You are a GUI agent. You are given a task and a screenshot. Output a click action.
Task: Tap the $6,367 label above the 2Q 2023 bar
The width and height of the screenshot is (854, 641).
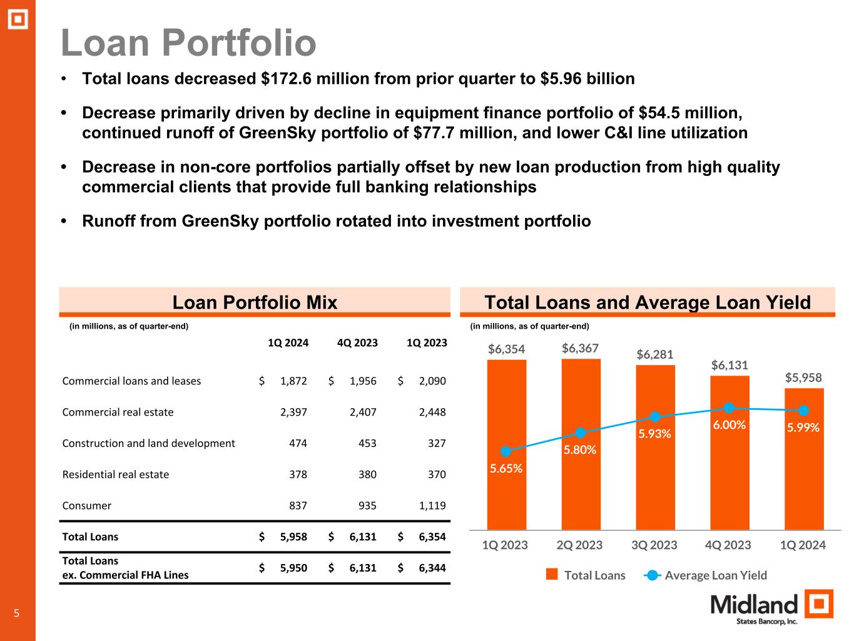580,348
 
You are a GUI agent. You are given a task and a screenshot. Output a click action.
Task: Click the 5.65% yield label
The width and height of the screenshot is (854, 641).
506,468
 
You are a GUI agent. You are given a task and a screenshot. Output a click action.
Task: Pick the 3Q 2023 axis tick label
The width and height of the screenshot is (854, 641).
654,545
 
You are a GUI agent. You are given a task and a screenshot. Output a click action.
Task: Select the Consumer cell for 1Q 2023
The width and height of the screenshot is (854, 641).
432,506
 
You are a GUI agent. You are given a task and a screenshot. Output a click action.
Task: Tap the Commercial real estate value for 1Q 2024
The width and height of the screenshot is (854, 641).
293,412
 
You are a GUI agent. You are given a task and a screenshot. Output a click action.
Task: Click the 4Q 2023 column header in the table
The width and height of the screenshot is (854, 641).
357,343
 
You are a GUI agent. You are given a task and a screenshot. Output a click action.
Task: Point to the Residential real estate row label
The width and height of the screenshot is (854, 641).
116,474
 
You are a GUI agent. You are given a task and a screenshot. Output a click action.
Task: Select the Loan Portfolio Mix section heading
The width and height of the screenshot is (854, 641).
255,303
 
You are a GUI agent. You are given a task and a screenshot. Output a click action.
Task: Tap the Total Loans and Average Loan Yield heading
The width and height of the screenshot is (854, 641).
648,303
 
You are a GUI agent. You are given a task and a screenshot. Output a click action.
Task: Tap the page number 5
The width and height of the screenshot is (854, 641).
17,613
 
